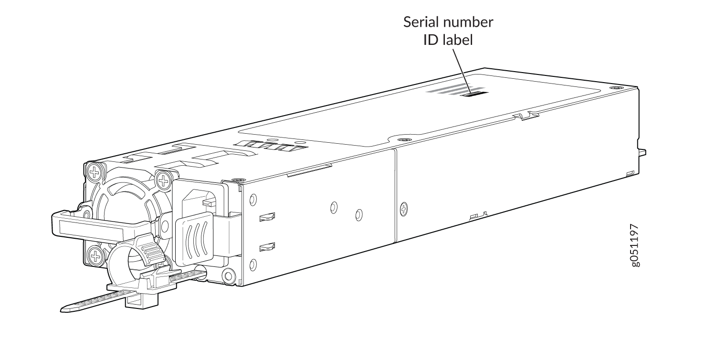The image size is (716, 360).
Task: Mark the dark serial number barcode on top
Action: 474,94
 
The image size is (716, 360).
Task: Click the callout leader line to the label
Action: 462,71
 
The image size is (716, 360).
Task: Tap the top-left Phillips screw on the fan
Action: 95,173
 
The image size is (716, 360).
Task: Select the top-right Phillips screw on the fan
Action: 164,180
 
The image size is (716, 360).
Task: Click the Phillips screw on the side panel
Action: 404,209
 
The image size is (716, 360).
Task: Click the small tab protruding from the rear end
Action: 642,152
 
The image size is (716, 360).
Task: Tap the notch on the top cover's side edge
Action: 526,116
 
